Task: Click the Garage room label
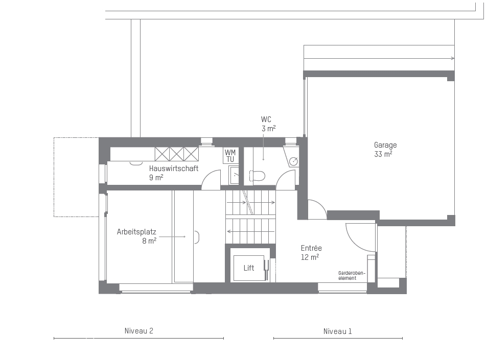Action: click(385, 145)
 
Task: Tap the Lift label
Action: click(249, 268)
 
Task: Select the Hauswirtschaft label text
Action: click(174, 169)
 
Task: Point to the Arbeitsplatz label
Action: click(136, 232)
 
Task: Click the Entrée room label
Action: click(311, 248)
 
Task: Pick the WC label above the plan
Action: click(266, 119)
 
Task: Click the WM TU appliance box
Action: click(230, 156)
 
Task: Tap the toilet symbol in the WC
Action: click(258, 176)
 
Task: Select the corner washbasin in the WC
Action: click(292, 157)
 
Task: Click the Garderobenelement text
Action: click(352, 276)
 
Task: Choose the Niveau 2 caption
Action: click(139, 331)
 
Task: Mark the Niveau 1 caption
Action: click(337, 331)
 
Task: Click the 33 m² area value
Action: click(383, 154)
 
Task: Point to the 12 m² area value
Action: click(310, 257)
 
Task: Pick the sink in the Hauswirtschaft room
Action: click(234, 175)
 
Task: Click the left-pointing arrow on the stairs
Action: click(251, 231)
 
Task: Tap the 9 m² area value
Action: click(156, 178)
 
